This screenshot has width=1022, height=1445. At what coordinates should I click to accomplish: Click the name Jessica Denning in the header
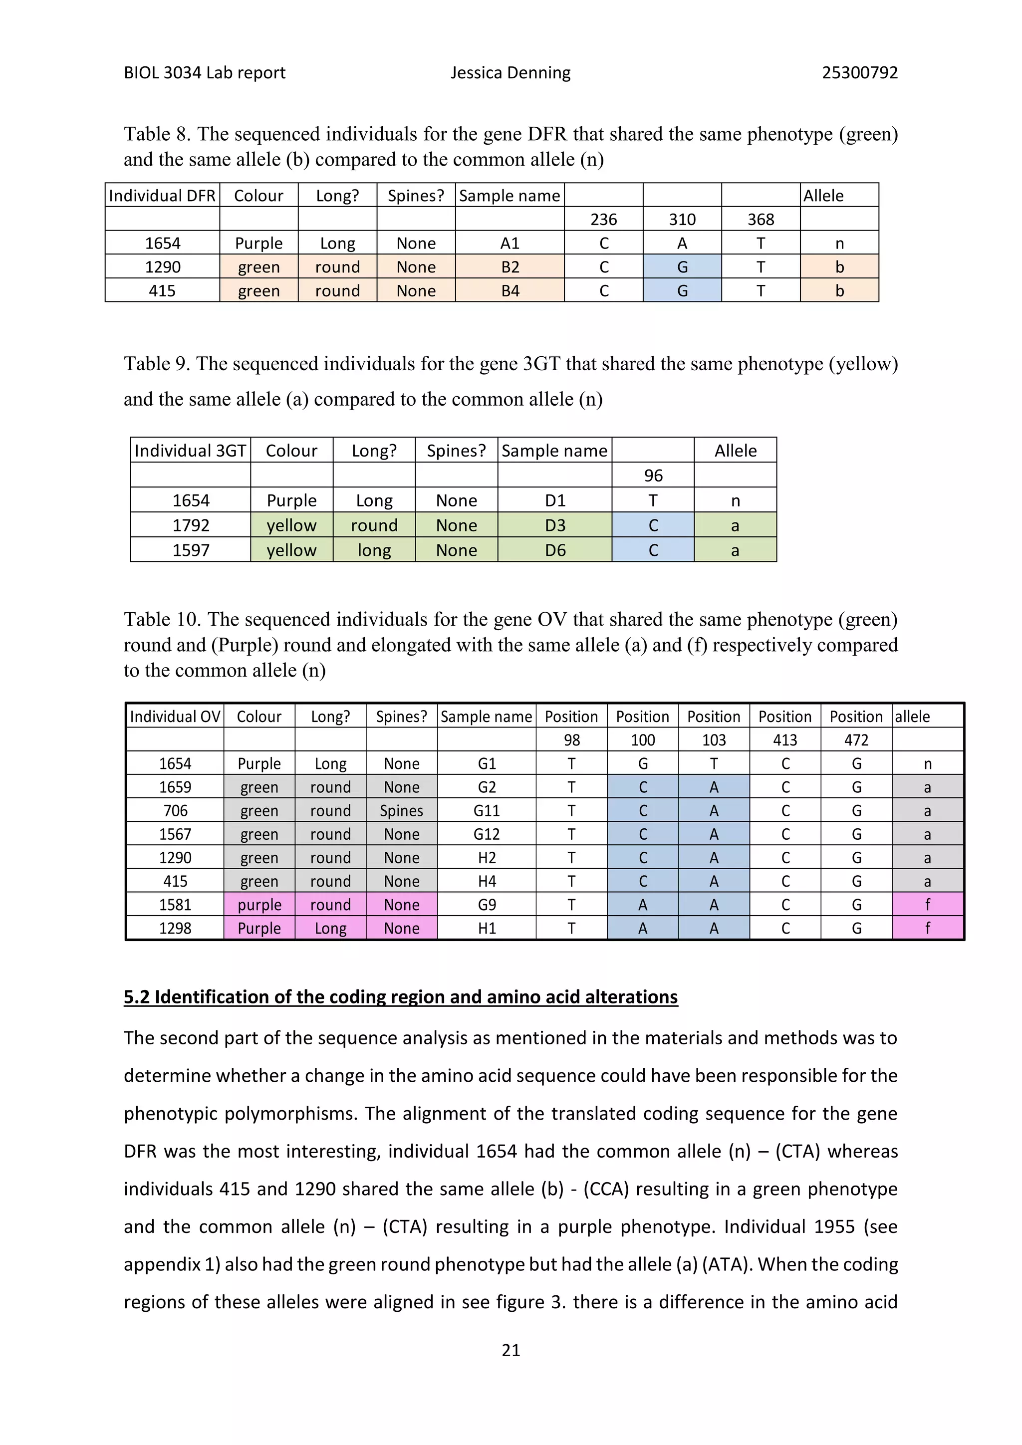click(x=511, y=73)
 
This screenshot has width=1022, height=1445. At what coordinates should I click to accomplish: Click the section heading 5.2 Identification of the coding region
click(x=400, y=997)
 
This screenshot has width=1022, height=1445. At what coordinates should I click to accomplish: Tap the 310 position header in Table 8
click(x=682, y=219)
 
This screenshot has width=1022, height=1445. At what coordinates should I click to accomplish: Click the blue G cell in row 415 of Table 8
click(x=682, y=291)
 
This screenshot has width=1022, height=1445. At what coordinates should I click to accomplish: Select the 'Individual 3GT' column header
click(x=190, y=451)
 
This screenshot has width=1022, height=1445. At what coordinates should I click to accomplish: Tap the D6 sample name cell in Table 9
click(x=554, y=550)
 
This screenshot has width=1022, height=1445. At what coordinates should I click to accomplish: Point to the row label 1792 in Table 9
click(x=191, y=525)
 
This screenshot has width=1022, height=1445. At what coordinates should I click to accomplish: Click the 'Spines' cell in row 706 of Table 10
click(x=402, y=811)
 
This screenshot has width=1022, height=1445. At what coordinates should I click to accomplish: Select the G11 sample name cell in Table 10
click(x=487, y=811)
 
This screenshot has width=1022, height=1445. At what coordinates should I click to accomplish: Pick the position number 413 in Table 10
click(x=785, y=740)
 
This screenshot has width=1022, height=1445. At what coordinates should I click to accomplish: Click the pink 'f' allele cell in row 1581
click(x=927, y=905)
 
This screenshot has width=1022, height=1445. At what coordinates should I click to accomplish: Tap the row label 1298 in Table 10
click(x=175, y=928)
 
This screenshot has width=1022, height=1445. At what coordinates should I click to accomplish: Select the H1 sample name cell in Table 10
click(x=487, y=928)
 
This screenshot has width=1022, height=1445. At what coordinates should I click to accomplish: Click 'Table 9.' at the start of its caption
click(x=157, y=364)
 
